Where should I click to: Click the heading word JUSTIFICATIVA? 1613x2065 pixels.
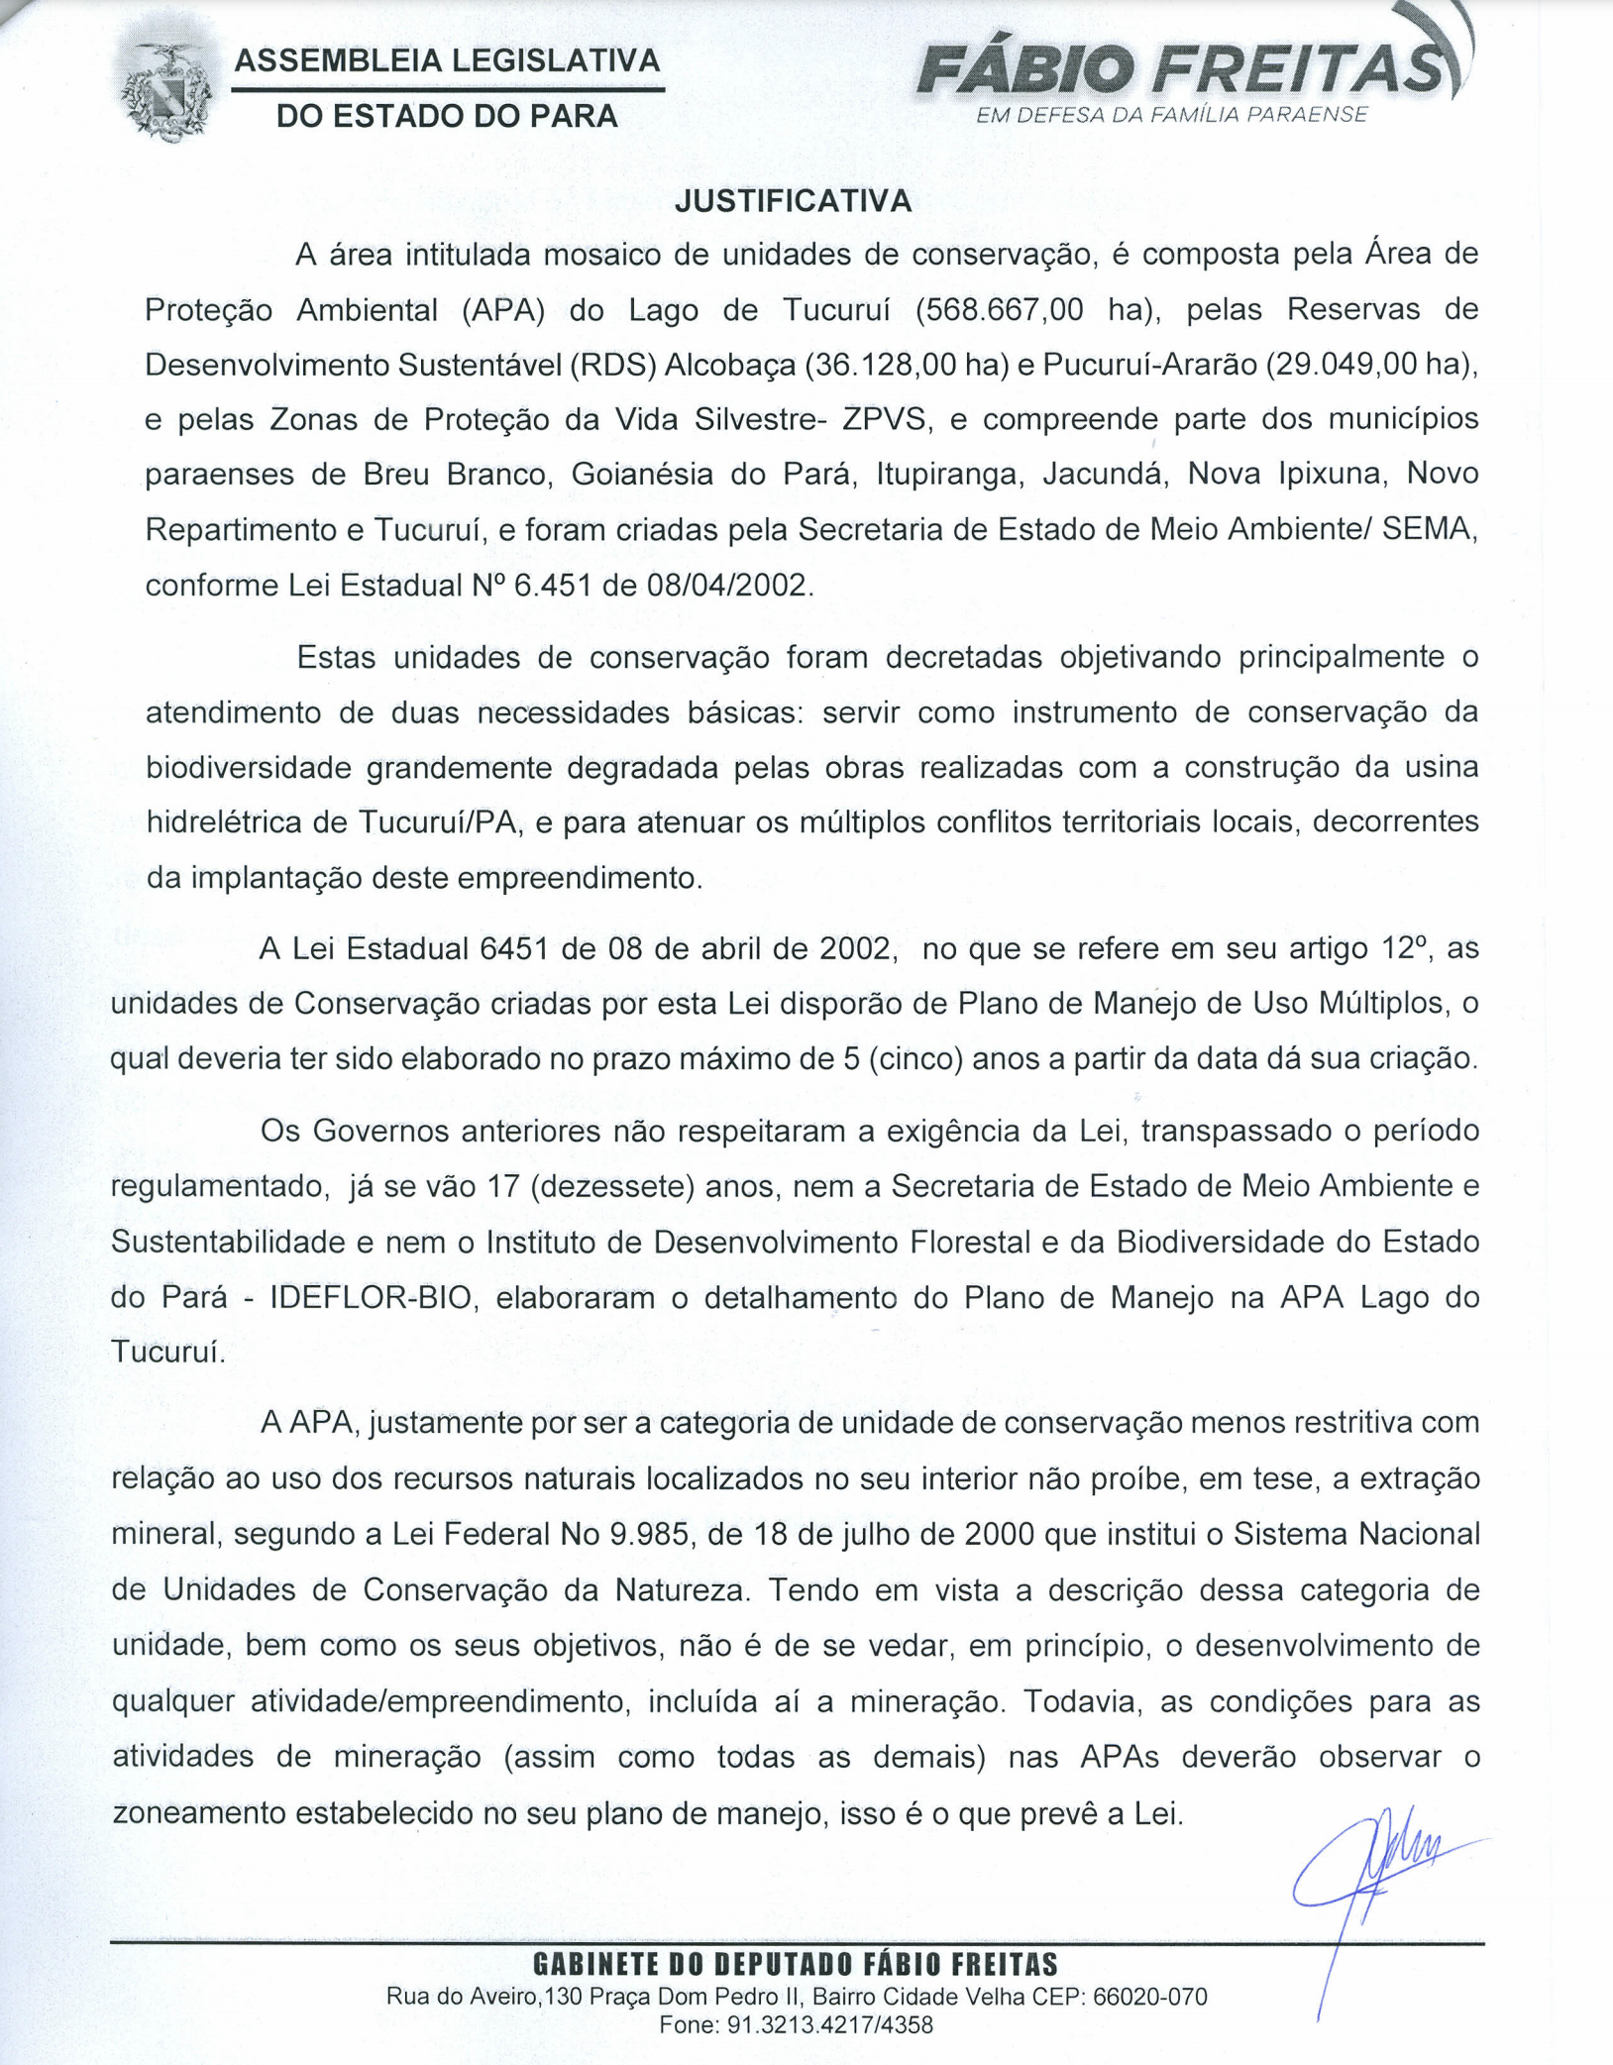[x=793, y=201]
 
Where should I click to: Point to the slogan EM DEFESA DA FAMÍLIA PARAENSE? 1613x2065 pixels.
[x=1172, y=115]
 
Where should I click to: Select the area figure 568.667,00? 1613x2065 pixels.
[x=1000, y=310]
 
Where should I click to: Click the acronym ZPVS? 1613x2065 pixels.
[x=885, y=419]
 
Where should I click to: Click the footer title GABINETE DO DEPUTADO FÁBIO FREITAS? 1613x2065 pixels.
[x=796, y=1964]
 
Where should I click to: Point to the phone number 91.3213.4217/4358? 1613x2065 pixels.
[x=830, y=2024]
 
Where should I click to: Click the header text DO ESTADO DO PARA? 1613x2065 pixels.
[x=447, y=116]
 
